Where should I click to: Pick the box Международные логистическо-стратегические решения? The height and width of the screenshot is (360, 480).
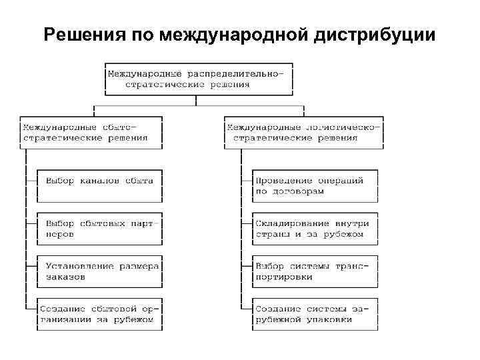click(303, 132)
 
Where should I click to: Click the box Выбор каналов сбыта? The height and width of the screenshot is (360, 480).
click(99, 185)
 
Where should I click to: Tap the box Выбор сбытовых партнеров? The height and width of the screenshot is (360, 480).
click(99, 229)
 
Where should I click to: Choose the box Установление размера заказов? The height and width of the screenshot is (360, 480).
click(99, 271)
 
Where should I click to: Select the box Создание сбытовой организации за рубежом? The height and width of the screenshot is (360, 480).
click(99, 314)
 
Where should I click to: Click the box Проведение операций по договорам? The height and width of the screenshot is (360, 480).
click(315, 185)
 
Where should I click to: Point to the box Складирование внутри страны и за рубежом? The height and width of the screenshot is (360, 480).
click(315, 229)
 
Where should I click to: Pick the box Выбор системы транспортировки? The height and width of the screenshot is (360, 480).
click(315, 271)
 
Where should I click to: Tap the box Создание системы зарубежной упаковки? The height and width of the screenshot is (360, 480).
click(315, 314)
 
